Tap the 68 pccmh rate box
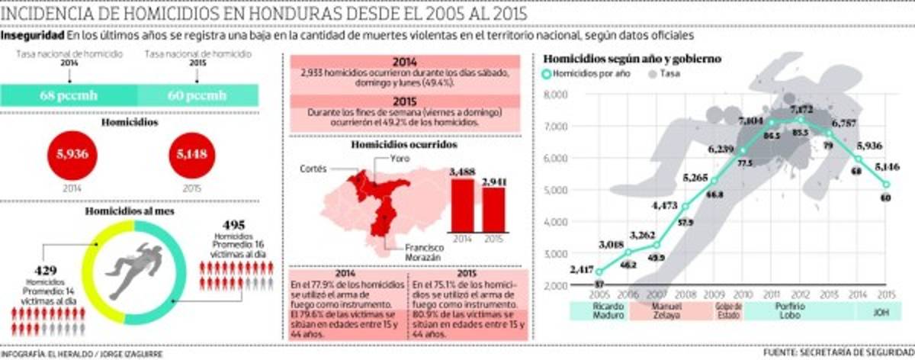pos(69,95)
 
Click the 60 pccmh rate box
pos(197,95)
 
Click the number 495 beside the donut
pos(235,225)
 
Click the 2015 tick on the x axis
pos(887,294)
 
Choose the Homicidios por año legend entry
pos(587,74)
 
